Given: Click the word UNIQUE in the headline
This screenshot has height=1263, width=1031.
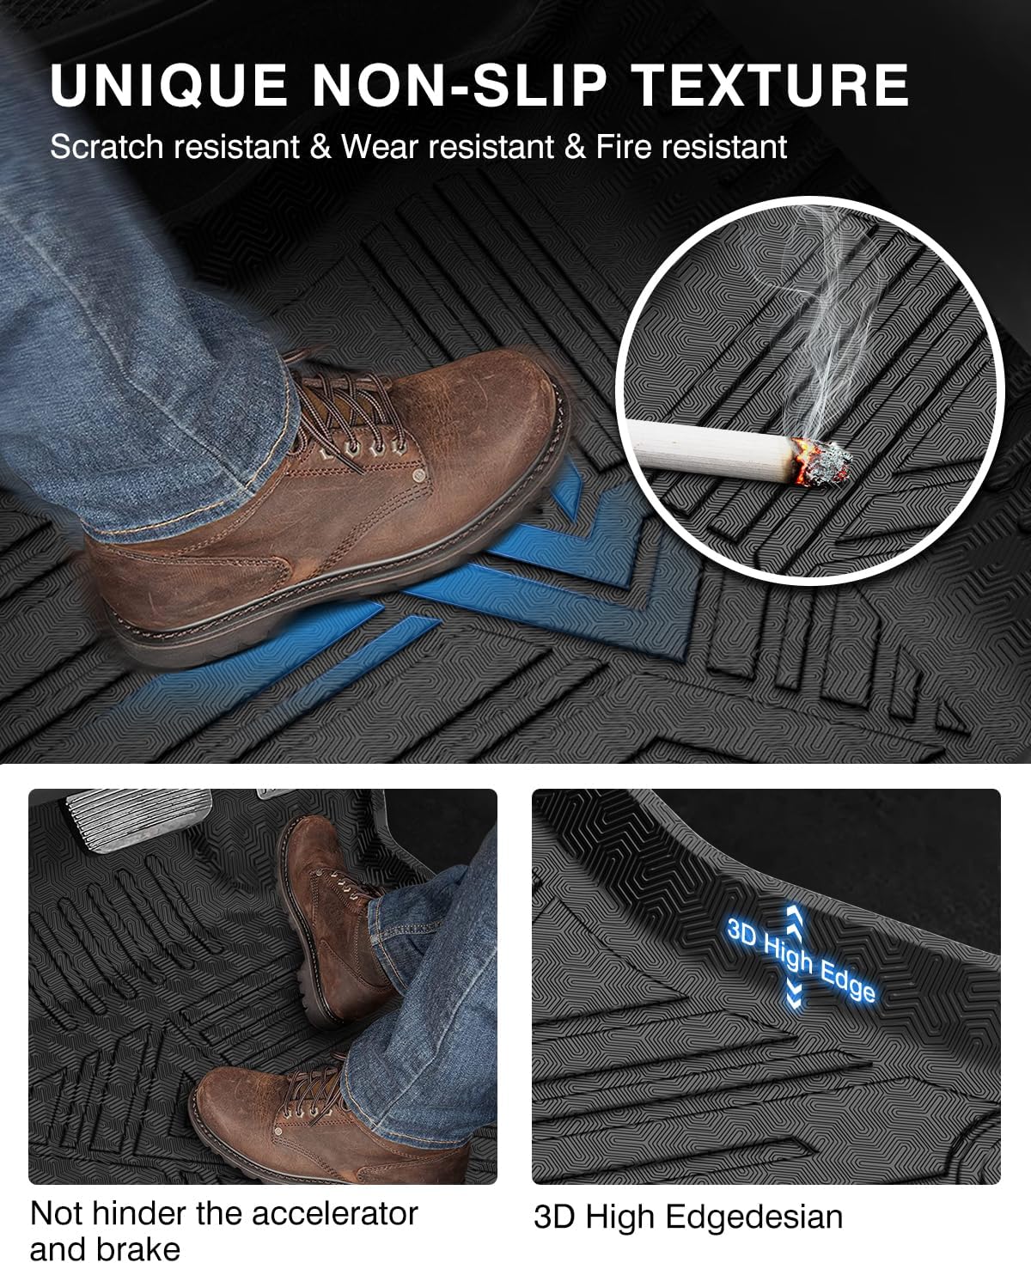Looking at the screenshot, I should pyautogui.click(x=168, y=85).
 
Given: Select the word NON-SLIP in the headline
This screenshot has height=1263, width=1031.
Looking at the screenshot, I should pyautogui.click(x=459, y=85).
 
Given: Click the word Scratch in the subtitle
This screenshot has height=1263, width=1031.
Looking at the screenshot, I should pyautogui.click(x=106, y=148).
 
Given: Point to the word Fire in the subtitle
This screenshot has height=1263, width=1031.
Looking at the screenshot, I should pyautogui.click(x=627, y=147).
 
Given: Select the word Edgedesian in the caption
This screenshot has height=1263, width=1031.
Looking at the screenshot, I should pyautogui.click(x=754, y=1217).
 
